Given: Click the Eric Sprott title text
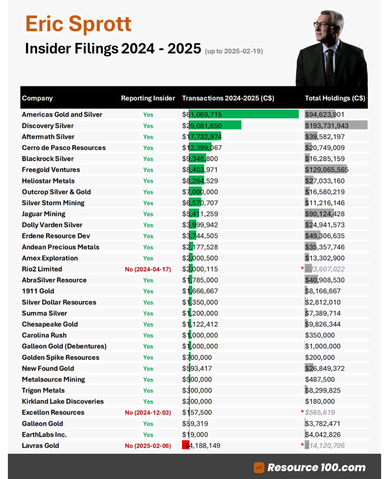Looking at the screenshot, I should tap(78, 24).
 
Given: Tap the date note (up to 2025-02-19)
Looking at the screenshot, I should tap(234, 51).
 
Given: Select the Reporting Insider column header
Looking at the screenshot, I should tap(148, 98).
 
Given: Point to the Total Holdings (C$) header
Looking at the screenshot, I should tap(335, 98).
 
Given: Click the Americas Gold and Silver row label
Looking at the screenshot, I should tap(62, 115).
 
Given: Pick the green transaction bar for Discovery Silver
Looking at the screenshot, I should tap(215, 126).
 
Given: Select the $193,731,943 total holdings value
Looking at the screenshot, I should tap(327, 126).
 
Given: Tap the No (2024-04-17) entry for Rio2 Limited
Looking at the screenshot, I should tap(148, 269).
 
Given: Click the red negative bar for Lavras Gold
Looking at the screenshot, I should tap(185, 445).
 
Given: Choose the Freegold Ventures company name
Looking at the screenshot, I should tap(51, 170).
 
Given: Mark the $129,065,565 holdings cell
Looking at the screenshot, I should tap(327, 170).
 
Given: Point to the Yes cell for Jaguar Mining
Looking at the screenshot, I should tap(148, 214).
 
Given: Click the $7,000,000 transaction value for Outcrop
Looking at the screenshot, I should tap(200, 192).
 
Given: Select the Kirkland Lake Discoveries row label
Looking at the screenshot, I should tap(63, 401).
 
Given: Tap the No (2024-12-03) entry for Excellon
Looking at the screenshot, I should tap(148, 413).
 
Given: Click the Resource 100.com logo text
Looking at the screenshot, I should tap(316, 467).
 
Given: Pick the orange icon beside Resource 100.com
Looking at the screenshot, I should tap(259, 467).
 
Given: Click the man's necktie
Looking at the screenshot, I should tap(329, 65).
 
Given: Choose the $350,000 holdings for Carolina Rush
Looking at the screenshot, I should tap(320, 335).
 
